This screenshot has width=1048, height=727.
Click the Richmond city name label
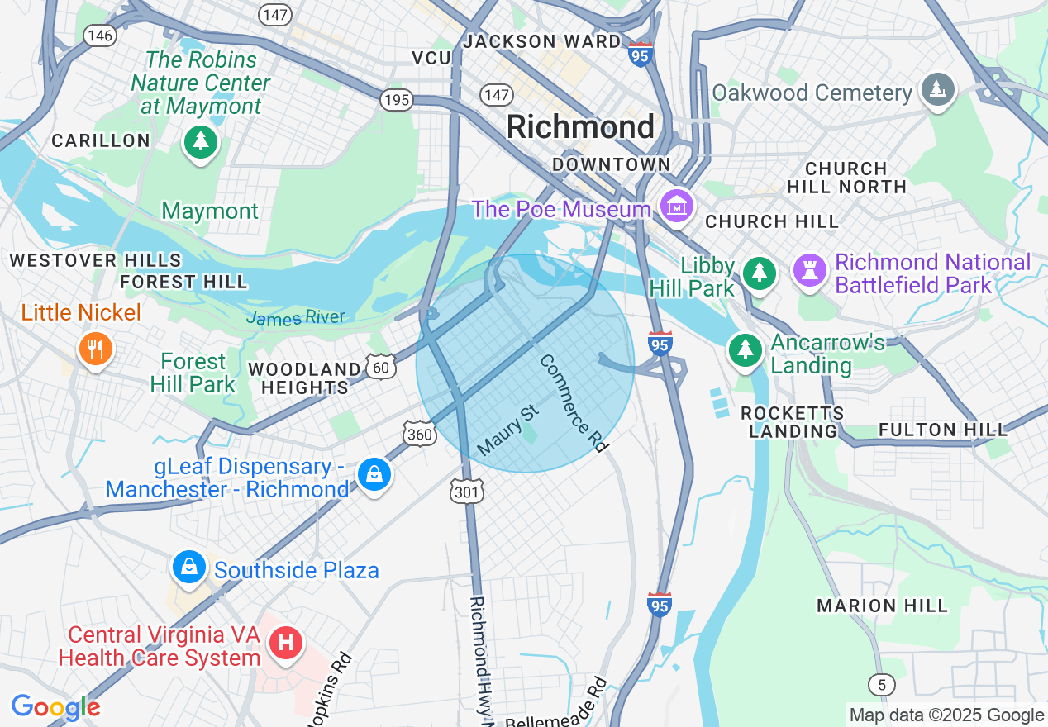(x=580, y=127)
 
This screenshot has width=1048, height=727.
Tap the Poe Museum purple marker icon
(x=677, y=207)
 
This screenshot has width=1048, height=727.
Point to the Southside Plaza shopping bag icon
(x=189, y=568)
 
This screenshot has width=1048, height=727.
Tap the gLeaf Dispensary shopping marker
(x=374, y=474)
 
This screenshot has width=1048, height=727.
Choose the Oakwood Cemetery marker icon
(x=936, y=88)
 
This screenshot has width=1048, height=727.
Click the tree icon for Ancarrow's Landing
(x=746, y=348)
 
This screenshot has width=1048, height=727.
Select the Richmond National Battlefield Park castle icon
(x=810, y=271)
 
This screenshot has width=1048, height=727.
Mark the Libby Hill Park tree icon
(x=758, y=272)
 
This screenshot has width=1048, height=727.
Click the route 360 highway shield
(x=420, y=433)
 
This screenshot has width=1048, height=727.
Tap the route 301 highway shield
(x=467, y=491)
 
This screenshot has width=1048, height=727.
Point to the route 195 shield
(x=397, y=99)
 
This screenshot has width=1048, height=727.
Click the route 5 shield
(x=882, y=683)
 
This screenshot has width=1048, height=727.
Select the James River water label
(x=295, y=317)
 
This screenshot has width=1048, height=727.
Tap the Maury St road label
(x=507, y=430)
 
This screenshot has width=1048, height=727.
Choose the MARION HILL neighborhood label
(x=882, y=606)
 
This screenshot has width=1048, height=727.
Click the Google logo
(x=55, y=708)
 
